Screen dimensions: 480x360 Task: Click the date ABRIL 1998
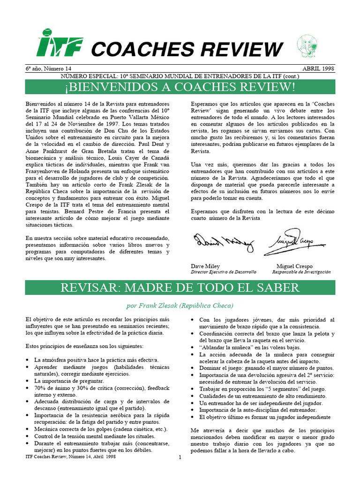318,68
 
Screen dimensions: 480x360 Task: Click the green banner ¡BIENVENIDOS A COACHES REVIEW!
180,87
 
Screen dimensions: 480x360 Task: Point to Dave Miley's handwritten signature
224,242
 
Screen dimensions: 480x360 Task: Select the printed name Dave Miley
205,266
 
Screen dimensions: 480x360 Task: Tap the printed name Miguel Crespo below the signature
294,266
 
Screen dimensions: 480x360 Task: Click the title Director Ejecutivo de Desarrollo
224,272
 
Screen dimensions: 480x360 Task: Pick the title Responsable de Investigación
301,272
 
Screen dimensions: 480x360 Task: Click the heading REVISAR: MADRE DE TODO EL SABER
180,287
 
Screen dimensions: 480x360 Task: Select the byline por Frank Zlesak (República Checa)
180,306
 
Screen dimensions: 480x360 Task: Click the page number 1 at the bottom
180,458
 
